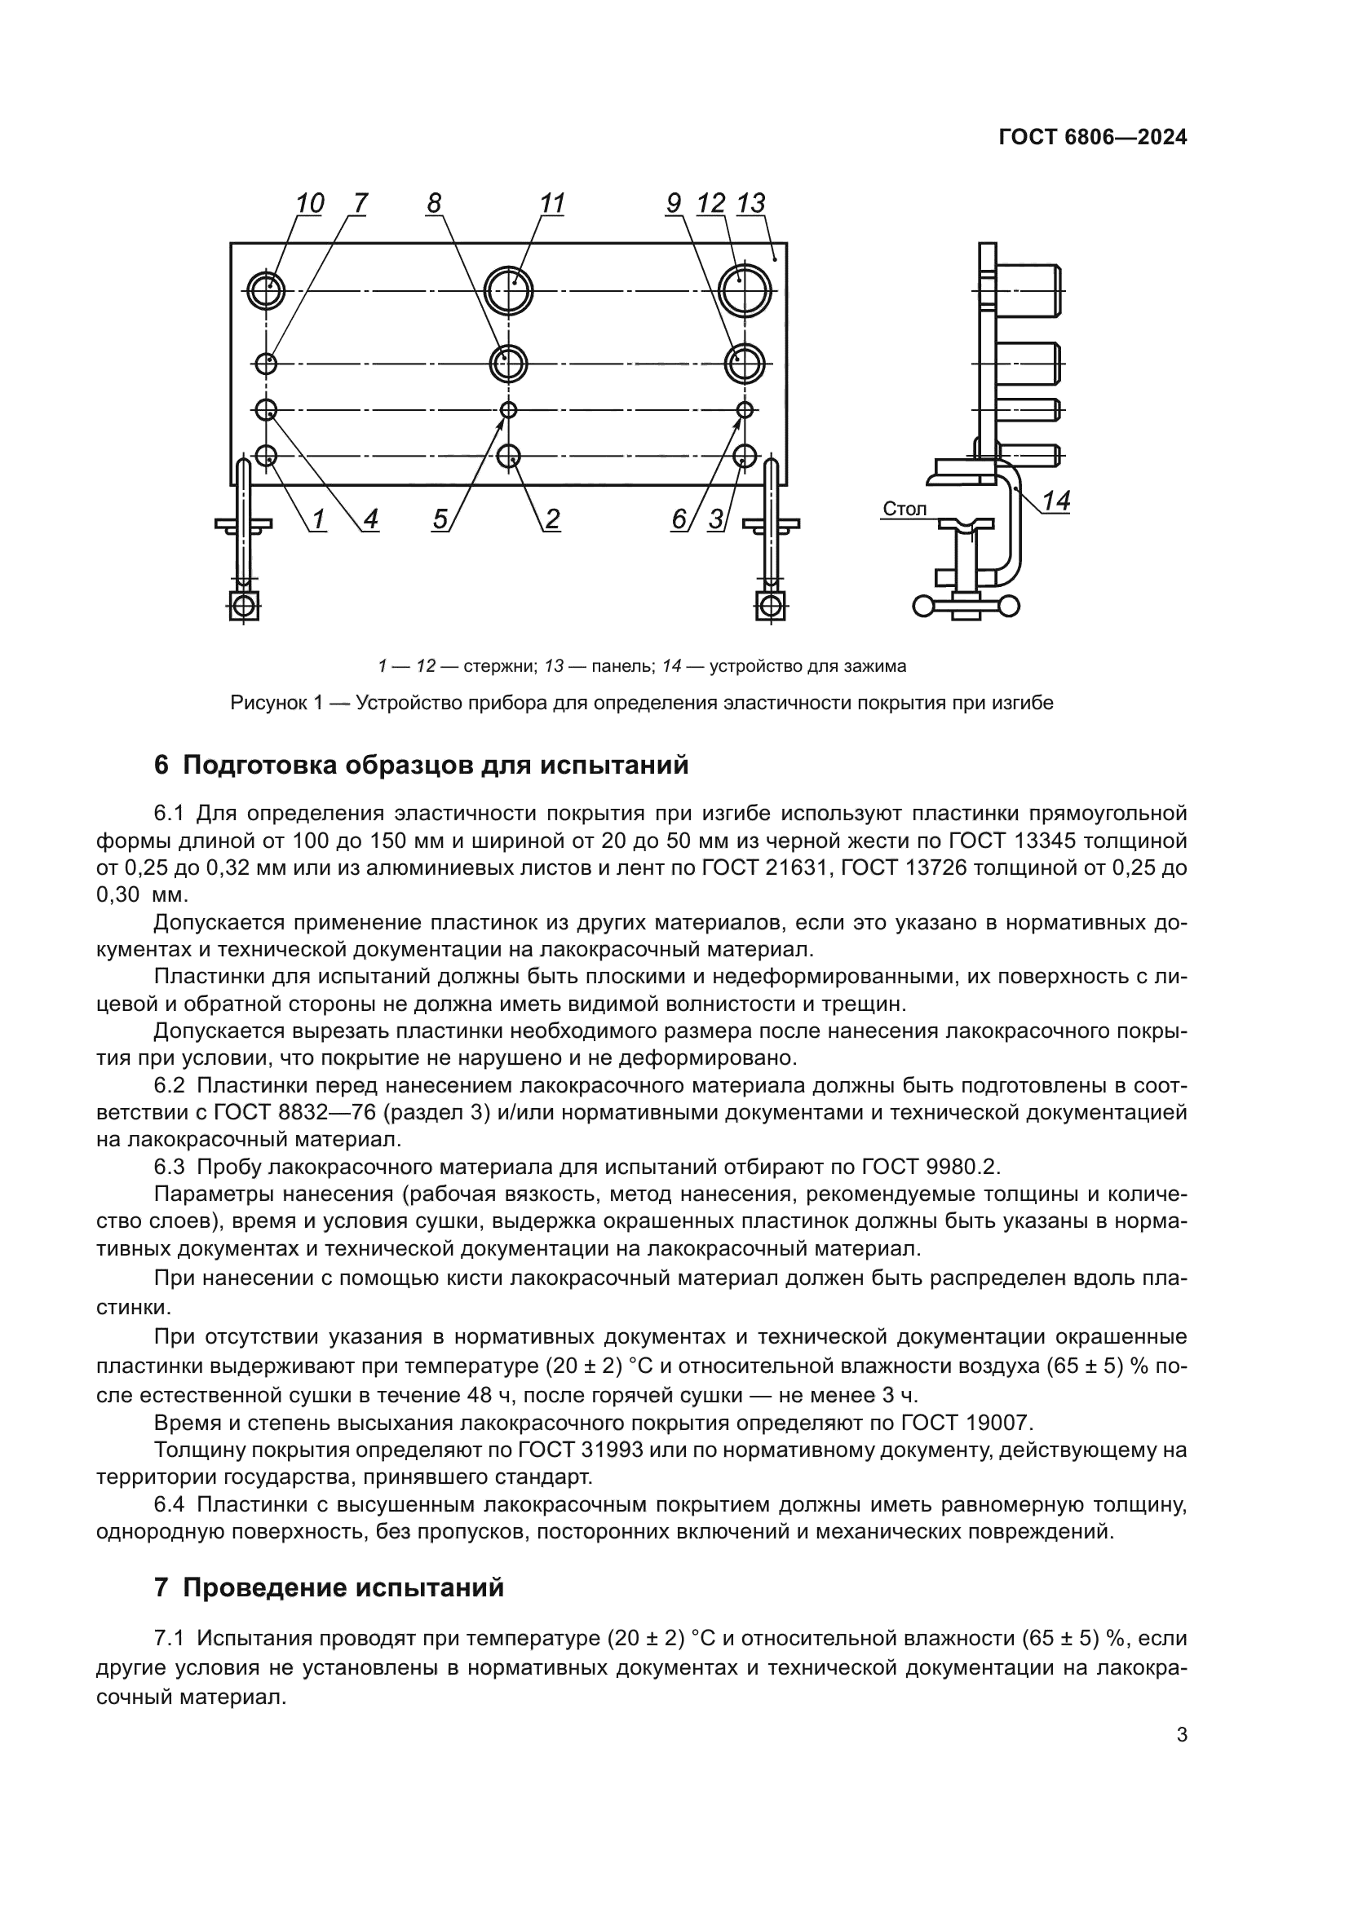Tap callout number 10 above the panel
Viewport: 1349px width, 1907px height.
pyautogui.click(x=309, y=203)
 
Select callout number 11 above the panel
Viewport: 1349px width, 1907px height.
pyautogui.click(x=551, y=203)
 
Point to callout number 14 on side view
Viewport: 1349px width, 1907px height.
pyautogui.click(x=1055, y=501)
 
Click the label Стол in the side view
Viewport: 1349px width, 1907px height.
pyautogui.click(x=904, y=508)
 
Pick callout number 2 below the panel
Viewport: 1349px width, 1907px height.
pyautogui.click(x=551, y=519)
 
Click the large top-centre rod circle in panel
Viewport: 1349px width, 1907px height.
pyautogui.click(x=508, y=291)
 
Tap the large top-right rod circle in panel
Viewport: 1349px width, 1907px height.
pyautogui.click(x=745, y=291)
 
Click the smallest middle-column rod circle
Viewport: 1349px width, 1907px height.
pyautogui.click(x=508, y=409)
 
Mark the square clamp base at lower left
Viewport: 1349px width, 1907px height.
pyautogui.click(x=243, y=606)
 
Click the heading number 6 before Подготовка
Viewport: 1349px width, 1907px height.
pyautogui.click(x=162, y=765)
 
